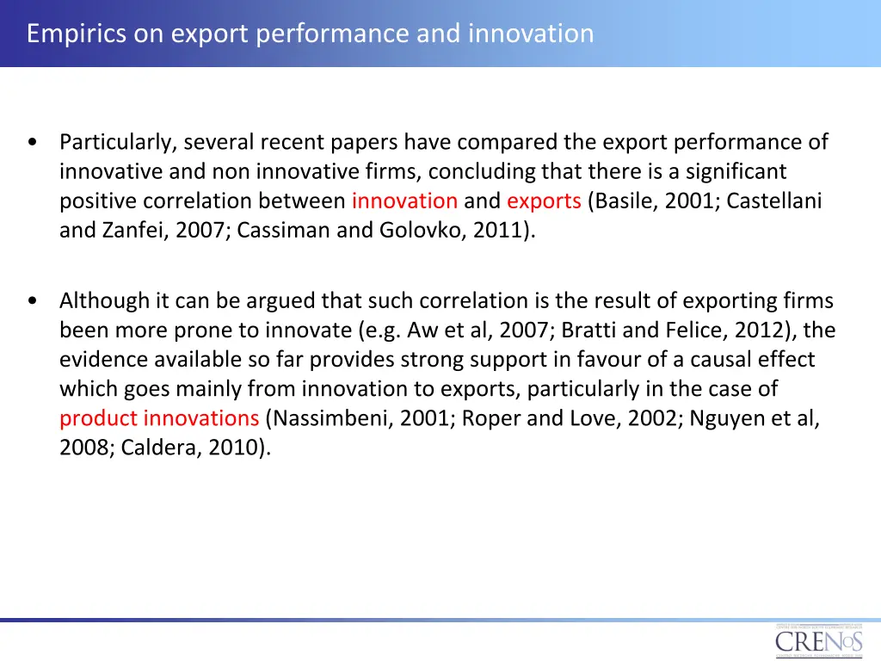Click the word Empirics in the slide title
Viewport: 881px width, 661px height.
[x=69, y=34]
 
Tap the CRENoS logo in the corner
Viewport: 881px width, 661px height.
[x=817, y=641]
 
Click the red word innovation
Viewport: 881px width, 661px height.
[x=404, y=201]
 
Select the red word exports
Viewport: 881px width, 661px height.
[x=544, y=201]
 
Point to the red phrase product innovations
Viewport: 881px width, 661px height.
[x=159, y=418]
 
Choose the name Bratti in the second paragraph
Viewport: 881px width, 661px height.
[x=586, y=330]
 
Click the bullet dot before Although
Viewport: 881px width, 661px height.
[x=32, y=301]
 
